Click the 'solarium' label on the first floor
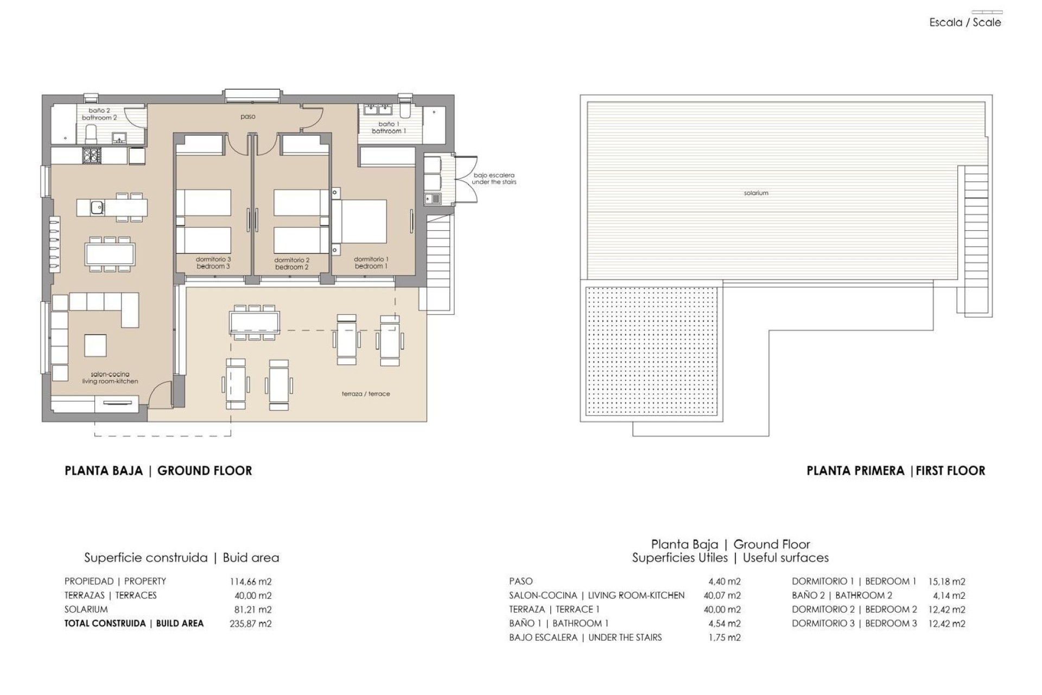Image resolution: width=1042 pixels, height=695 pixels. [755, 193]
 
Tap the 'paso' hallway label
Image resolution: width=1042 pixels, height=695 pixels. [247, 117]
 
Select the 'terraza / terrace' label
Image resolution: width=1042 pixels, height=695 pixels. [365, 394]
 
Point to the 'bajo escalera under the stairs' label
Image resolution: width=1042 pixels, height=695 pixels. [493, 179]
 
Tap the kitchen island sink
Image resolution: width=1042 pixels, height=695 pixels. [97, 207]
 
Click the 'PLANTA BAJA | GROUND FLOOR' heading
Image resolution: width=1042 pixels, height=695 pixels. [158, 471]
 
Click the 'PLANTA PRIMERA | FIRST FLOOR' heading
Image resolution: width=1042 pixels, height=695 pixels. [895, 471]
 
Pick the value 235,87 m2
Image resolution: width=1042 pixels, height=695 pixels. [250, 624]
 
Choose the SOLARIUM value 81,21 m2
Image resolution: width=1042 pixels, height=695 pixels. [252, 610]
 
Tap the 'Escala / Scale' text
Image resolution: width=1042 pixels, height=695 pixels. [965, 23]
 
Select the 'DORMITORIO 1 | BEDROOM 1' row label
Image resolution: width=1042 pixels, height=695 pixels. [854, 582]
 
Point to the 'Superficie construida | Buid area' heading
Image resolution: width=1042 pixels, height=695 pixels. [181, 558]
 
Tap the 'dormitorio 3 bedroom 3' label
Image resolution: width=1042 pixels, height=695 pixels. [213, 263]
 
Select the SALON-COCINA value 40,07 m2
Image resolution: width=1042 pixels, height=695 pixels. [722, 596]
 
